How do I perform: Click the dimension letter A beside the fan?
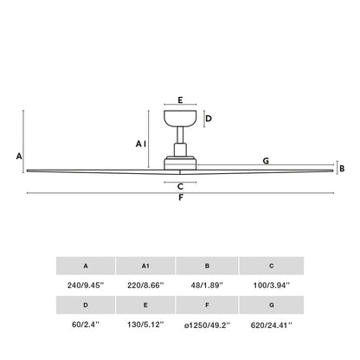pos(18,156)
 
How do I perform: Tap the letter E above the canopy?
pos(180,100)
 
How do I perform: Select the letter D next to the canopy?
pos(208,119)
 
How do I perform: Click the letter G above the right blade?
pos(266,161)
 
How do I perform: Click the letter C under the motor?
pos(180,186)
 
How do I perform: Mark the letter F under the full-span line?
pos(180,199)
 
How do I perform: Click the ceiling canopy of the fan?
pos(180,119)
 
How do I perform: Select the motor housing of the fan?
pos(180,160)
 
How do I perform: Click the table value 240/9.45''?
pos(85,285)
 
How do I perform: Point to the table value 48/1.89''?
pos(207,285)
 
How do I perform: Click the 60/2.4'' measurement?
pos(85,325)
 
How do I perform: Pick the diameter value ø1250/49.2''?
pos(207,325)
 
